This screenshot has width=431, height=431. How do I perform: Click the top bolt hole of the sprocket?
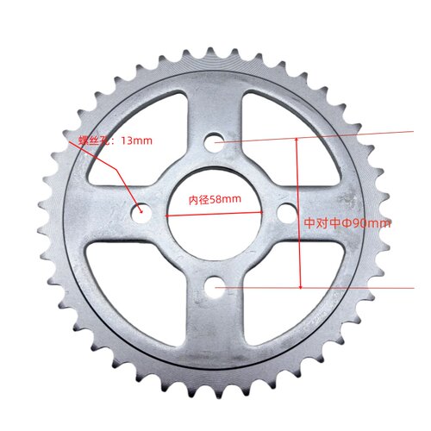(x=215, y=142)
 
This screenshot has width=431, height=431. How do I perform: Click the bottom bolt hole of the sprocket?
(x=215, y=287)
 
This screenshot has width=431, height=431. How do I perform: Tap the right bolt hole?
(x=287, y=214)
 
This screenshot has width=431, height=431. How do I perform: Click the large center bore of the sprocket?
(x=215, y=214)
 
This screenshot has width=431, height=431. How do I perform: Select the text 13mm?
(x=136, y=141)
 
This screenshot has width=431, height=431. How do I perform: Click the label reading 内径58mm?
(x=215, y=199)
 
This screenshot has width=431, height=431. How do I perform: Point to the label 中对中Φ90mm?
(x=347, y=223)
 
